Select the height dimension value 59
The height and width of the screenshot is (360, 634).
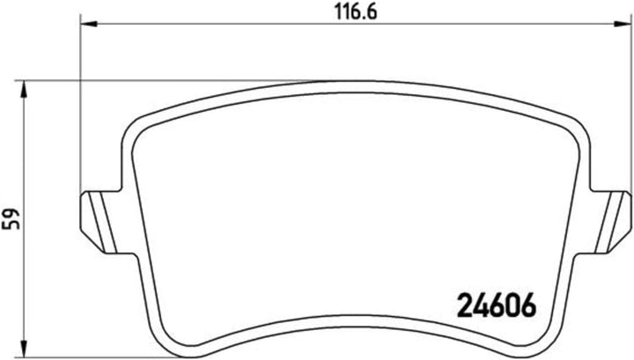[10, 217]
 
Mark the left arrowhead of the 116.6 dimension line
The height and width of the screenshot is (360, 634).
[85, 26]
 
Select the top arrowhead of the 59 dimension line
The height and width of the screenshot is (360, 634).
[24, 86]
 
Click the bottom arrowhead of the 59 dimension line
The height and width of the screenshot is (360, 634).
[24, 347]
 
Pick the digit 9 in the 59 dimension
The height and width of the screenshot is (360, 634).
[10, 211]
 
